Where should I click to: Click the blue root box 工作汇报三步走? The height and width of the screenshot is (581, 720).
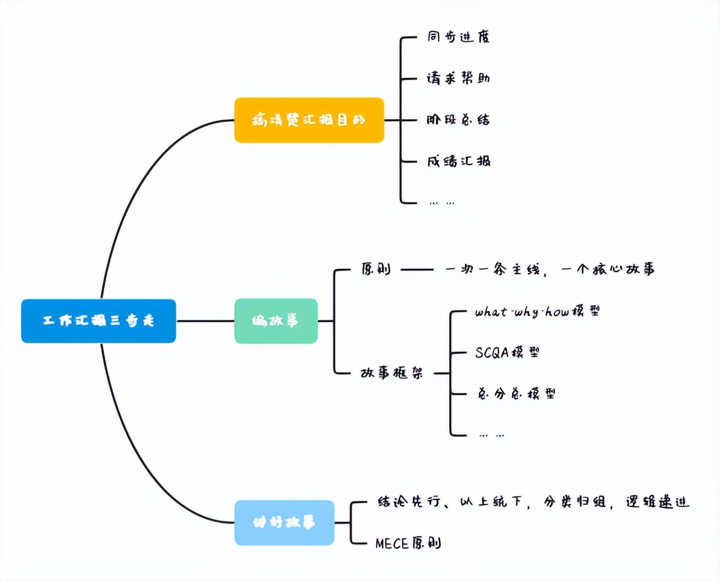pyautogui.click(x=98, y=321)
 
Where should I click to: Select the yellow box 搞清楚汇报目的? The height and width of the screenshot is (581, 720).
pyautogui.click(x=309, y=120)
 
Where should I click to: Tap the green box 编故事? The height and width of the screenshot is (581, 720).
pyautogui.click(x=276, y=321)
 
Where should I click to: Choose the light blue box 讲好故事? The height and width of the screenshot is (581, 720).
pyautogui.click(x=284, y=523)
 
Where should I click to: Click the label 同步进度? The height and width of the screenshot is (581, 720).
pyautogui.click(x=458, y=37)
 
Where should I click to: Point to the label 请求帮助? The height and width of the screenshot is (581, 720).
pyautogui.click(x=458, y=78)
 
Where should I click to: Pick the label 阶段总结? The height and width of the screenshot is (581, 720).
pyautogui.click(x=458, y=120)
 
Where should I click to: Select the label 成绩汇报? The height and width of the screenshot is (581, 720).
pyautogui.click(x=458, y=161)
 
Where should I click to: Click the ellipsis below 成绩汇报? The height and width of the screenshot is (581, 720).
pyautogui.click(x=441, y=202)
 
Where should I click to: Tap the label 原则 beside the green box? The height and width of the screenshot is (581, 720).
pyautogui.click(x=376, y=269)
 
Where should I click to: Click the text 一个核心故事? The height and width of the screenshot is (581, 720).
pyautogui.click(x=608, y=270)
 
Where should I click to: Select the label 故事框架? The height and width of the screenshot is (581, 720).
pyautogui.click(x=391, y=373)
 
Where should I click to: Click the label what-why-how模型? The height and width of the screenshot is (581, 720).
pyautogui.click(x=537, y=311)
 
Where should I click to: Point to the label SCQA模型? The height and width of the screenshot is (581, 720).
pyautogui.click(x=507, y=352)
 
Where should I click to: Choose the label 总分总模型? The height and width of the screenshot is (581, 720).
pyautogui.click(x=516, y=393)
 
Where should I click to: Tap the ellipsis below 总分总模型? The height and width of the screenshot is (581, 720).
pyautogui.click(x=491, y=434)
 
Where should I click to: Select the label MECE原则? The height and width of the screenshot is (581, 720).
pyautogui.click(x=408, y=543)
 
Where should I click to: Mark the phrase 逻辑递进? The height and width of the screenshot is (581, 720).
pyautogui.click(x=657, y=502)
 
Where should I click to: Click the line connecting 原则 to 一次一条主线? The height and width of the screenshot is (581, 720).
pyautogui.click(x=417, y=270)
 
